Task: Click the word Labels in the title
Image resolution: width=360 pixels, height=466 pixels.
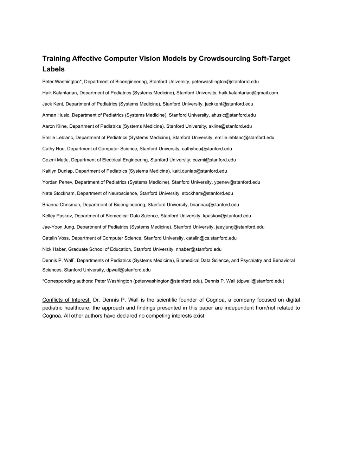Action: tap(53, 69)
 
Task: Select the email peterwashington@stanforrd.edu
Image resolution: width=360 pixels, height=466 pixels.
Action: tap(225, 82)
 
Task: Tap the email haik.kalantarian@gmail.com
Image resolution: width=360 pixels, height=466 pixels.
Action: tap(248, 93)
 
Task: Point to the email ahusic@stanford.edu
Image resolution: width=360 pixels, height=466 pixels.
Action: tap(233, 115)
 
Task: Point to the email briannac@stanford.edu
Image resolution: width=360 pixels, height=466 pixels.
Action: tap(214, 205)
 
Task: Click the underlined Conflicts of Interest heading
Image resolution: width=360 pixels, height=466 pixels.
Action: tap(66, 300)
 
